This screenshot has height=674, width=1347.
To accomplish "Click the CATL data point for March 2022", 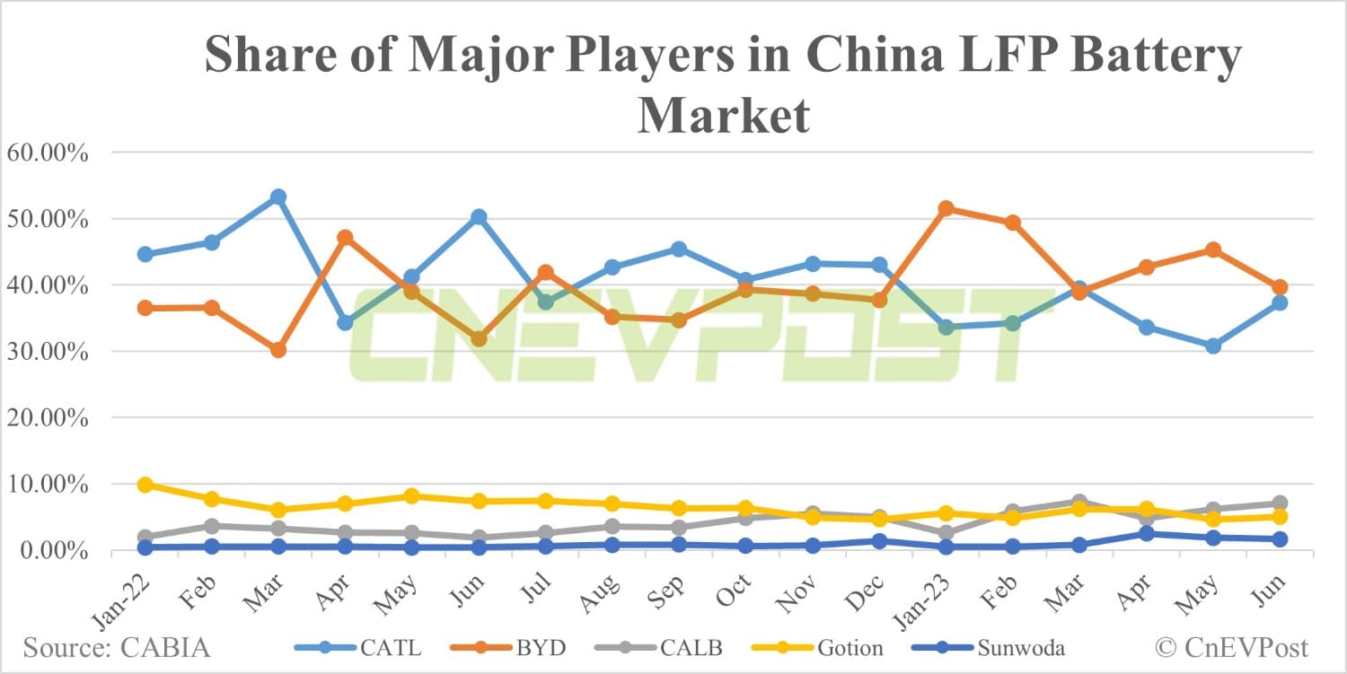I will click(x=278, y=197).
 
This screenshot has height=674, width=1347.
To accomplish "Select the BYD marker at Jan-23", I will click(x=946, y=208).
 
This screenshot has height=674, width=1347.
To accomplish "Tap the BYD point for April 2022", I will click(x=345, y=238).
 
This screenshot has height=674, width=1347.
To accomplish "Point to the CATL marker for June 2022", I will click(x=479, y=217).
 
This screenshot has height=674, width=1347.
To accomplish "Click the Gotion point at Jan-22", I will click(x=145, y=485).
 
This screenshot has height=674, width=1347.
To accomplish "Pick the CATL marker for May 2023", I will click(x=1212, y=346).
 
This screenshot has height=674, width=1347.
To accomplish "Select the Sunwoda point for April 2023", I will click(x=1146, y=533).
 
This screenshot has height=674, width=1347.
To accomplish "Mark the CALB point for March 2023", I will click(x=1079, y=502).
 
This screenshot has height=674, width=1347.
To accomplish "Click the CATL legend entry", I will click(x=359, y=647).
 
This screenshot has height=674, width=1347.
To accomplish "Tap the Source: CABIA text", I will click(x=117, y=647).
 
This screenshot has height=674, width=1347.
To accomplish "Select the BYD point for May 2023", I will click(x=1212, y=249).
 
